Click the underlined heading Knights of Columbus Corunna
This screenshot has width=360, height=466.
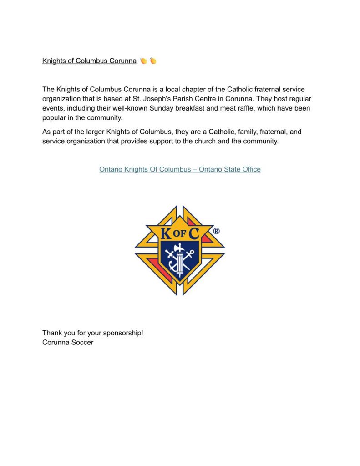point(89,61)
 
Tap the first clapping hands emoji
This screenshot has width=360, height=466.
point(143,61)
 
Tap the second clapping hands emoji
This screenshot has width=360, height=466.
point(153,61)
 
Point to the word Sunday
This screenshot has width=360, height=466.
point(161,108)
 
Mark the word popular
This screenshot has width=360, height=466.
point(55,118)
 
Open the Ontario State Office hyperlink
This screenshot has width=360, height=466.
point(180,169)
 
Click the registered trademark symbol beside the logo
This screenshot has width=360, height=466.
point(216,231)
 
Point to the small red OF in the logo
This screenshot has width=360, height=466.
point(179,234)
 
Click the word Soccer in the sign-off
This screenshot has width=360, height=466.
point(81,342)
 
